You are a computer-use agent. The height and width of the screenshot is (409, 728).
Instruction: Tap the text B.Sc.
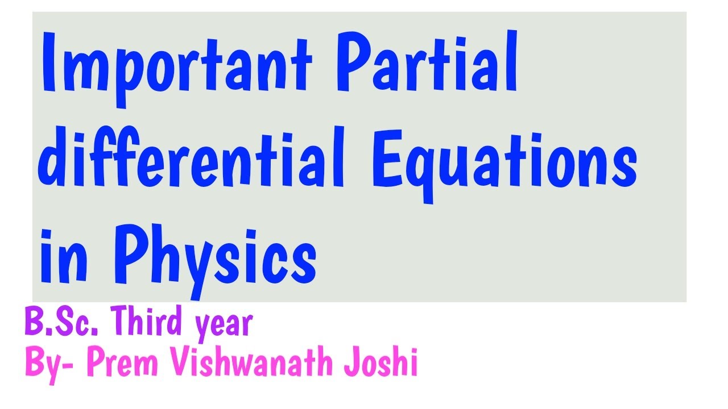coord(63,324)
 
